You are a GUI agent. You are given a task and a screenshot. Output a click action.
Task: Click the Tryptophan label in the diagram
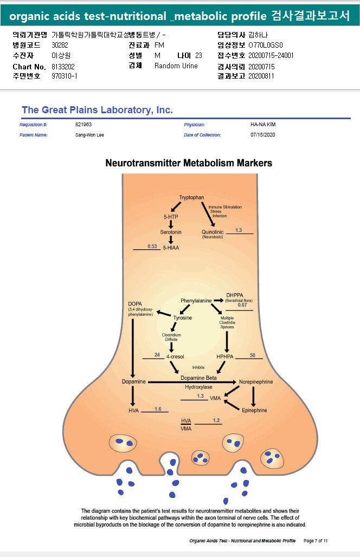click(192, 197)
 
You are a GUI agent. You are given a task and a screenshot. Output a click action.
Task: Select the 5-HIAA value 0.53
click(152, 247)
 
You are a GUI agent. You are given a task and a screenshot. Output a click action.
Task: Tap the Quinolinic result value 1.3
click(239, 230)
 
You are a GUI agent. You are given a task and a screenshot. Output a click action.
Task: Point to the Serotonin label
click(171, 232)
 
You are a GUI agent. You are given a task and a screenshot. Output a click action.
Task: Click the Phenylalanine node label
click(196, 300)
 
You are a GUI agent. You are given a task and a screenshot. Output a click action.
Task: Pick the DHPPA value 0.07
click(242, 305)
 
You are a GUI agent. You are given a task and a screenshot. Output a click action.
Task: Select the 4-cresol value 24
click(157, 355)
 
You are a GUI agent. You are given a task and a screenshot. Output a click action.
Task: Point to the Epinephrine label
click(254, 410)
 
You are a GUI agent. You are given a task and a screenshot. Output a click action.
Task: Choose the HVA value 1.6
click(158, 409)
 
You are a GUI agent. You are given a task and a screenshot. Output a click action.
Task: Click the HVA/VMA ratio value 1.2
click(216, 420)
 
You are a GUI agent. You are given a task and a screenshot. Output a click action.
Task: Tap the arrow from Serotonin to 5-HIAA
click(171, 239)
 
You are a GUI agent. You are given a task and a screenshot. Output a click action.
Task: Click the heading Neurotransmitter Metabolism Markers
click(189, 163)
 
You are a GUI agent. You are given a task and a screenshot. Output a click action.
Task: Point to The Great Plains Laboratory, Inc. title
click(97, 110)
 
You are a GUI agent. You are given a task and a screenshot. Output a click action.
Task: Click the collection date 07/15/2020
click(263, 134)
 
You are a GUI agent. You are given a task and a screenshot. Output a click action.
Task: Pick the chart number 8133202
click(63, 66)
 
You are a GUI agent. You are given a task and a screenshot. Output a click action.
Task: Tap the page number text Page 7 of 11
click(316, 541)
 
